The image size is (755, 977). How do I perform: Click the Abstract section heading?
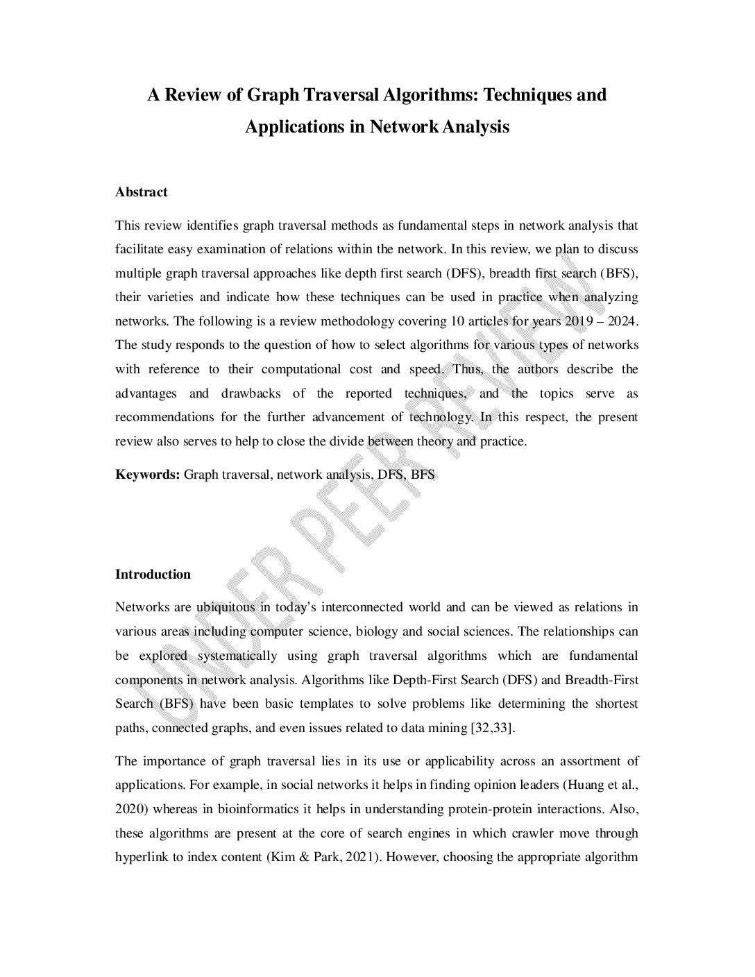coord(142,192)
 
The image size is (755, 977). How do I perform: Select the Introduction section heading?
coord(153,575)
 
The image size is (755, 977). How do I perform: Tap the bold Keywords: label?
coord(148,475)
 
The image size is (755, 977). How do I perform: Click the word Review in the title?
coord(193,94)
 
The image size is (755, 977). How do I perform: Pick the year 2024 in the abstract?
coord(620,321)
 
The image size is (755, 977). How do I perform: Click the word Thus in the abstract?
coord(466,369)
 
